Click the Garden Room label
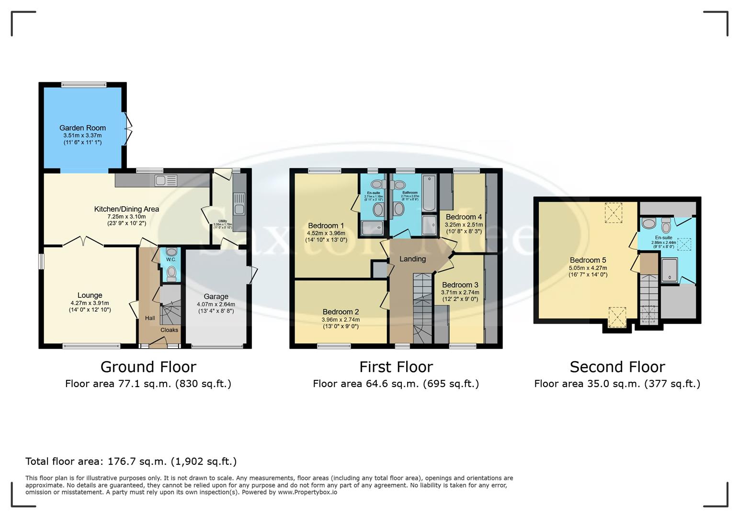click(82, 128)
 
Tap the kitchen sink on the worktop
click(166, 180)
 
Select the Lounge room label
click(90, 295)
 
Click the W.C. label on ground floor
click(171, 259)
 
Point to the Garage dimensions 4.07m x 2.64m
click(216, 304)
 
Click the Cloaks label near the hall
click(169, 330)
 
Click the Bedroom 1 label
click(326, 226)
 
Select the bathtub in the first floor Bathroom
click(429, 193)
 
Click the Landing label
click(412, 259)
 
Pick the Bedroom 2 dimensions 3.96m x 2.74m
click(340, 319)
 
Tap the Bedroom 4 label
click(464, 217)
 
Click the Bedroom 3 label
click(460, 285)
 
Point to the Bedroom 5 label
click(588, 260)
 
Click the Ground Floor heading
click(148, 367)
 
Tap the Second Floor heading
click(617, 367)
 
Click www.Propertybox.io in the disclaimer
click(307, 492)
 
